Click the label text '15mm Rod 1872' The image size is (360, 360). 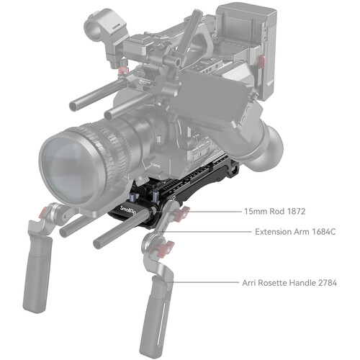coord(275,212)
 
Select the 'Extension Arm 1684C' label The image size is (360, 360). coord(295,232)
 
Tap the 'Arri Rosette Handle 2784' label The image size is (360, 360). coord(289,283)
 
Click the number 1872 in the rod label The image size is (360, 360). coord(296,212)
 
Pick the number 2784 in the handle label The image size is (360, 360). coord(328,283)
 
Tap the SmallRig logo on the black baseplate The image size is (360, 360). coord(128,210)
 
